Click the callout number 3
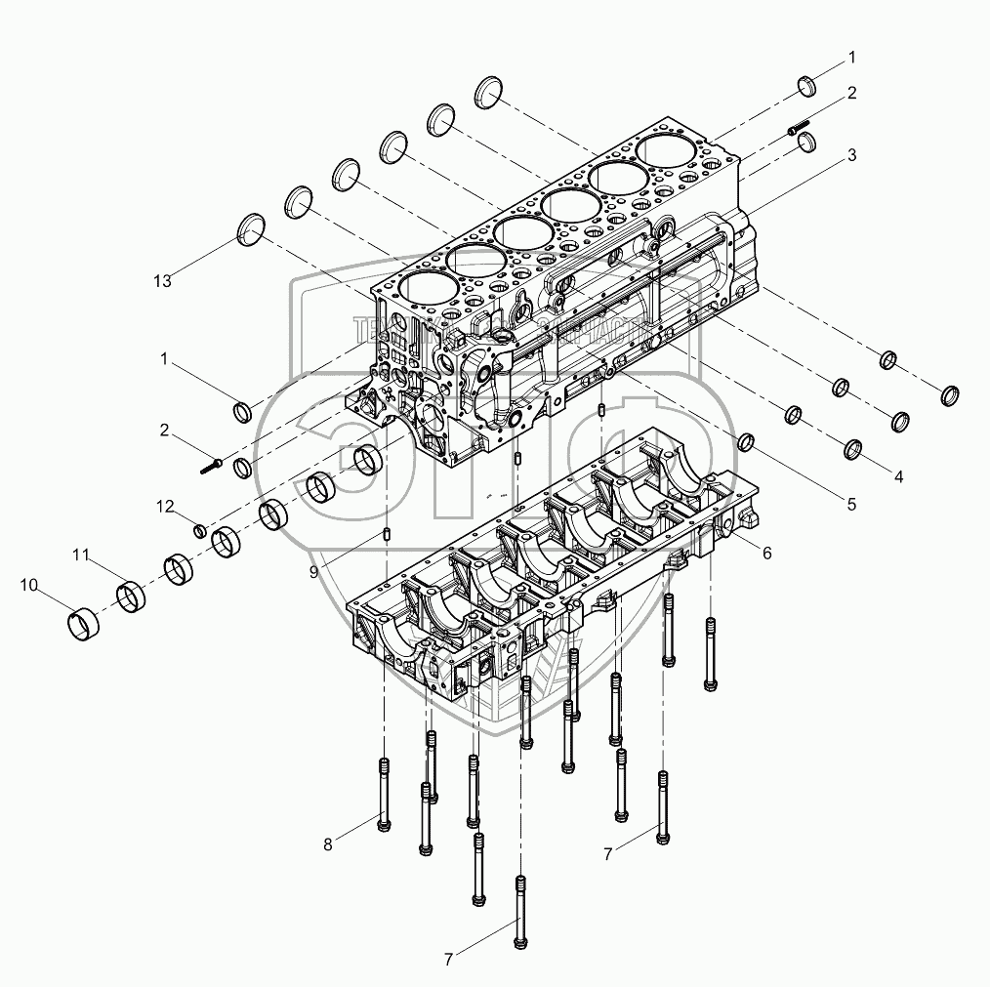(851, 155)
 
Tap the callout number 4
(897, 477)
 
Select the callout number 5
(851, 504)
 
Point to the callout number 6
(767, 553)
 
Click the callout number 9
(314, 572)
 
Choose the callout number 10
(29, 586)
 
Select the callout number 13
(162, 281)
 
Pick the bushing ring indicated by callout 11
(132, 596)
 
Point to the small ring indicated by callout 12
(199, 530)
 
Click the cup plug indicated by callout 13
(252, 230)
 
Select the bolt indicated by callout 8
(384, 795)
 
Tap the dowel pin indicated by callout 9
(388, 534)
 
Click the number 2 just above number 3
(851, 94)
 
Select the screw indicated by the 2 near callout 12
(213, 466)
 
